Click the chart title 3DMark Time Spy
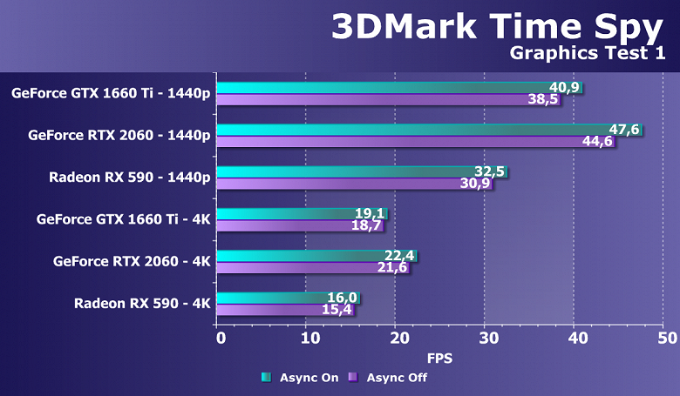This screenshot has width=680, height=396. (496, 26)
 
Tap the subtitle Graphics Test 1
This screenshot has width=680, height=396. (585, 55)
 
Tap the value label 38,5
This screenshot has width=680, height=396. (544, 100)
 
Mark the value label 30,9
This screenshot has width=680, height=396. (476, 185)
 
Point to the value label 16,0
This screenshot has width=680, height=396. (343, 297)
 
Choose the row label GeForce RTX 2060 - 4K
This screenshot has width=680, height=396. (132, 261)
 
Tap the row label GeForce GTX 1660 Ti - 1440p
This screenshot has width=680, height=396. (111, 94)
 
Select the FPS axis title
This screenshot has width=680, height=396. (439, 358)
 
